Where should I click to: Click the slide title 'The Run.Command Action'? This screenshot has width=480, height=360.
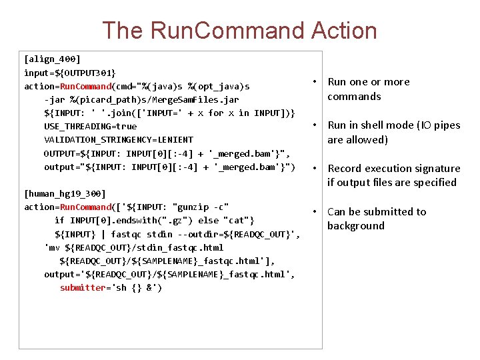coord(239,31)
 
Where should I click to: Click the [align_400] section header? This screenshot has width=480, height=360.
coord(52,59)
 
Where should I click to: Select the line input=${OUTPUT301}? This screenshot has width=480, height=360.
coord(69,73)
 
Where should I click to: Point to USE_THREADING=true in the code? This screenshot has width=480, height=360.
coord(90,126)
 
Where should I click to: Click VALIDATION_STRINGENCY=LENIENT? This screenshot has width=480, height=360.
coord(119,139)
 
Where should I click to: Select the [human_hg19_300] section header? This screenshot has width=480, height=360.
coord(65,193)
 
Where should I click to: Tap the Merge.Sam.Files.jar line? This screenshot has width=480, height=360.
coord(141,99)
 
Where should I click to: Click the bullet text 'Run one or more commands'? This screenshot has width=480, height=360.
coord(368,89)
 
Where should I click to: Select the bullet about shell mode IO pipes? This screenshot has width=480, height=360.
coord(393,132)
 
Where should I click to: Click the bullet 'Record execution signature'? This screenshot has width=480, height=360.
coord(393,175)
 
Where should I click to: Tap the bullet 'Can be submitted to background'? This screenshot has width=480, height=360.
coord(376,219)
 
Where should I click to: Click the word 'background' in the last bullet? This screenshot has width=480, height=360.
coord(356,226)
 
